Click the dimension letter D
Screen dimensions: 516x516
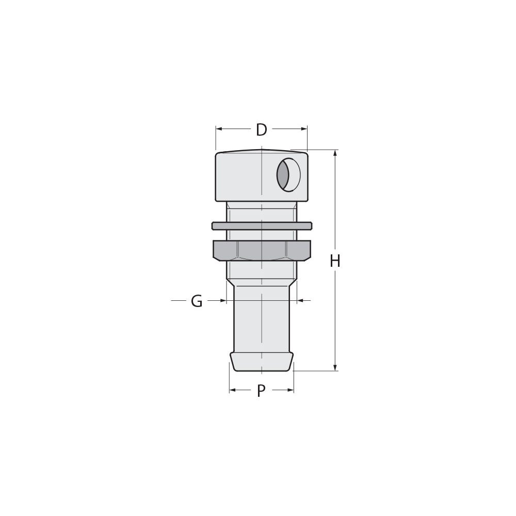click(262, 130)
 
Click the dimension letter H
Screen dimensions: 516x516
click(335, 262)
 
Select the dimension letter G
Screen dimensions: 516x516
click(197, 301)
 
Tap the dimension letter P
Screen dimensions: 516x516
click(261, 391)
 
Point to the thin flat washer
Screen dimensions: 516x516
click(262, 226)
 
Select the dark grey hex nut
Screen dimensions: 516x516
click(262, 250)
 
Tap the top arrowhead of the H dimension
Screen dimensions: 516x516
click(335, 153)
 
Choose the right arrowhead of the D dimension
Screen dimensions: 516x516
click(304, 129)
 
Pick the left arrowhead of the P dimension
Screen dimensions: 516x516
click(232, 390)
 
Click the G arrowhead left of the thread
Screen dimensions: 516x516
click(223, 300)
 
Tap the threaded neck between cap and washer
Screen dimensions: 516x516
click(262, 212)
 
